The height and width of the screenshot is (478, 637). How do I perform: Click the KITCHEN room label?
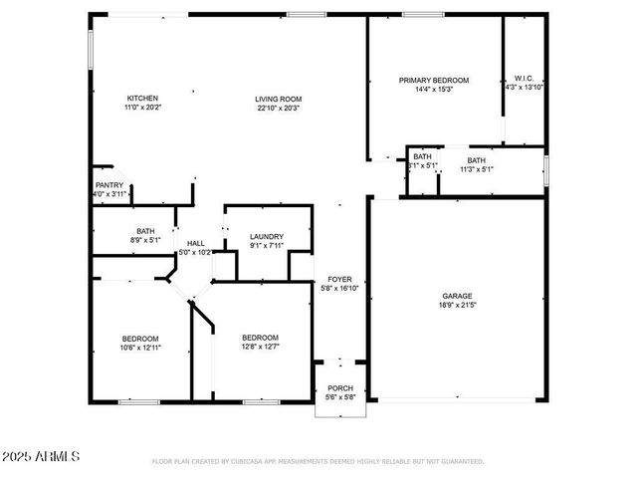142,98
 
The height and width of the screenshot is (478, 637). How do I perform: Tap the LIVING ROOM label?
278,99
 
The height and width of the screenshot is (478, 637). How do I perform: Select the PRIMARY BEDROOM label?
434,80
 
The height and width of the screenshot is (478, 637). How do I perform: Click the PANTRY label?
109,185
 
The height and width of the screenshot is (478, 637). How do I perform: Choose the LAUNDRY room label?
267,236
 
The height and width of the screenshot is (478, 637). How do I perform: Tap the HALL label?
196,243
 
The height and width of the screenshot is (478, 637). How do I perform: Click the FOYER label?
339,279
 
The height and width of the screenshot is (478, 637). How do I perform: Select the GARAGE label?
458,296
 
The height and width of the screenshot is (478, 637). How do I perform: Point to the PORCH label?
340,388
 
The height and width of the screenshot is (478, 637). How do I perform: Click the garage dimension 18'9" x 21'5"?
458,305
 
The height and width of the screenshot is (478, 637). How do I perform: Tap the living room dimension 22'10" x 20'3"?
278,108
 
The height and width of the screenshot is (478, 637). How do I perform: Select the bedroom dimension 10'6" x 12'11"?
140,348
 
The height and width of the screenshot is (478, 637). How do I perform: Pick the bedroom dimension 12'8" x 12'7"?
260,347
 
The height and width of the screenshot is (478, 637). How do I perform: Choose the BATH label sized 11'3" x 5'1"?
477,160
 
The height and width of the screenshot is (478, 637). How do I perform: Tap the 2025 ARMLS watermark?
42,456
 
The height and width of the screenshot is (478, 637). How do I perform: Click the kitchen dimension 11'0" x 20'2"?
142,107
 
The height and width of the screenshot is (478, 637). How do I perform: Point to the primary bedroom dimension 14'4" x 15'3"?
434,89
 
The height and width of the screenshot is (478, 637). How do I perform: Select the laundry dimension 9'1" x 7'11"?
267,245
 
